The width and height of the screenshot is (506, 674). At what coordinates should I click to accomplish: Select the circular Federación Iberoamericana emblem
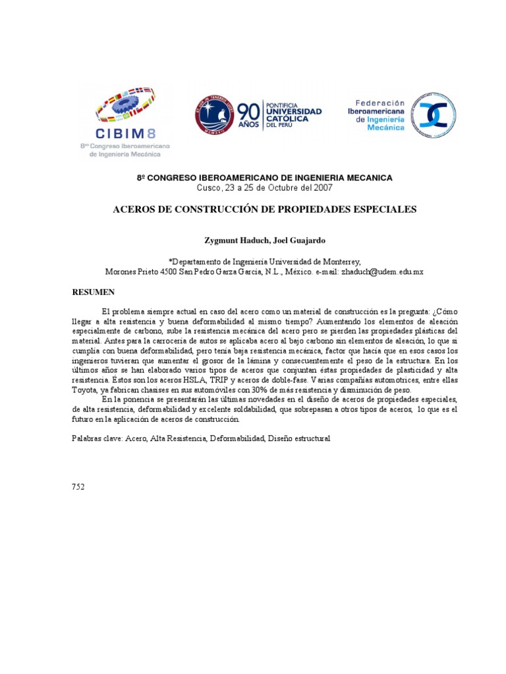coord(434,116)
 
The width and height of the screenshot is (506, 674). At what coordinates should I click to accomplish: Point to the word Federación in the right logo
coord(380,103)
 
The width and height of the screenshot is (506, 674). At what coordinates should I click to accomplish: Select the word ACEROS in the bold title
coord(136,209)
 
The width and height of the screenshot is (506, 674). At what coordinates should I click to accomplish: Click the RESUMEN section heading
coord(94,292)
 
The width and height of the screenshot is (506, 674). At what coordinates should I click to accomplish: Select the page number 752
coord(78,486)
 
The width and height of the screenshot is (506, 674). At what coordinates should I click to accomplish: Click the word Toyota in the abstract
coord(86,390)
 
